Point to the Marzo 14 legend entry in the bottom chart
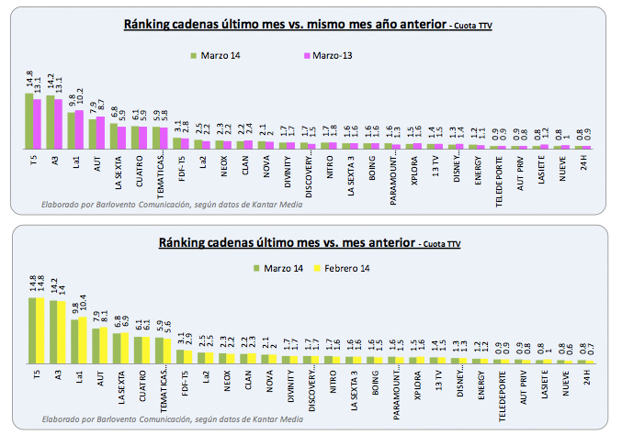coord(280,268)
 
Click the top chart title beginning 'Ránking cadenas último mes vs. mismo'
coord(287,25)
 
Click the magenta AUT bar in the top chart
coord(100,131)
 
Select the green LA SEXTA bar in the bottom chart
coord(115,348)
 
